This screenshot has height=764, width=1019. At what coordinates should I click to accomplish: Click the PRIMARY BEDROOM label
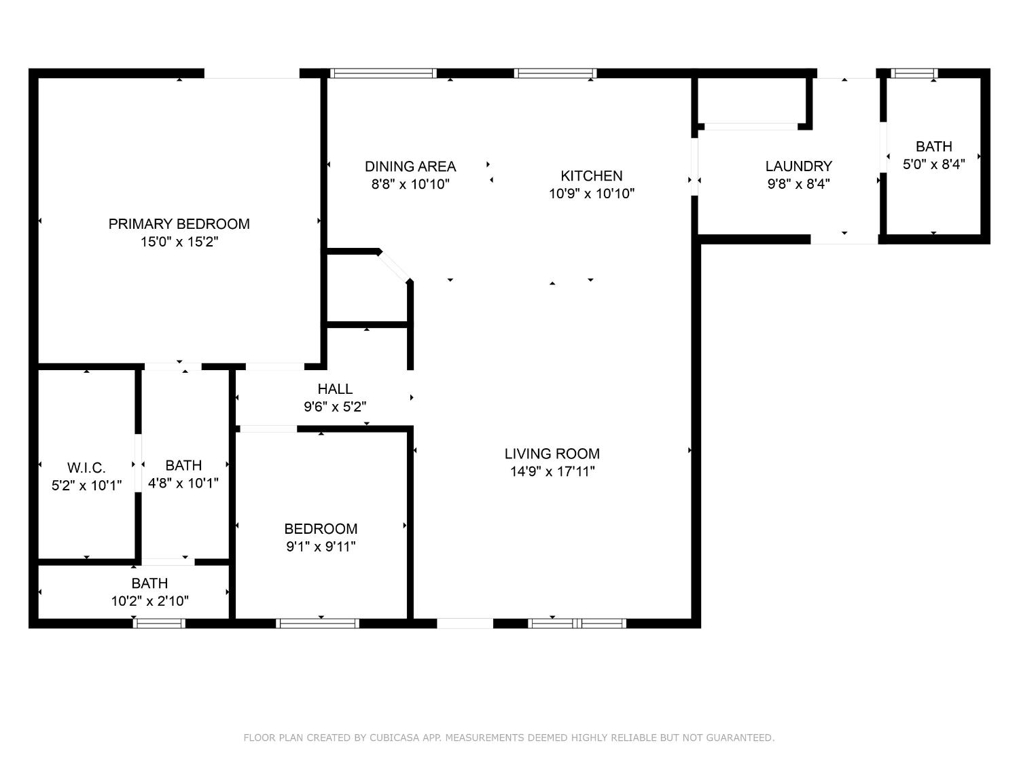(179, 224)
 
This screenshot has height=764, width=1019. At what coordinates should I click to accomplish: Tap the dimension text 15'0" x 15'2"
(179, 242)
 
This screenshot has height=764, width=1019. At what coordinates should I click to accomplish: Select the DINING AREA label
(410, 166)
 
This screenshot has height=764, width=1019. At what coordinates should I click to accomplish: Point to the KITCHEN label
(591, 176)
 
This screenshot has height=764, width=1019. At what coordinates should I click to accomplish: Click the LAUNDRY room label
(798, 166)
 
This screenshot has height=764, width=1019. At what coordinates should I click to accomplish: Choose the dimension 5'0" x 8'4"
(933, 164)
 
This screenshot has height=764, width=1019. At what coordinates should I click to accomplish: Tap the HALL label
(335, 389)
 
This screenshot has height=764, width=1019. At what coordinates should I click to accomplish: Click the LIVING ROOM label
(552, 454)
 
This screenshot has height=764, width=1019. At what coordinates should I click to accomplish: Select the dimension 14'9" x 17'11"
(552, 471)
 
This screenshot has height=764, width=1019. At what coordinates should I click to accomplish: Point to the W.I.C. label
(86, 468)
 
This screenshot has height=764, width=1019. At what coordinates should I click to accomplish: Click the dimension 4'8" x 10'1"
(183, 484)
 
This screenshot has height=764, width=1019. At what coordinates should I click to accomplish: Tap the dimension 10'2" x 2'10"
(149, 601)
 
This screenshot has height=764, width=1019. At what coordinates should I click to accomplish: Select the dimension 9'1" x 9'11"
(321, 547)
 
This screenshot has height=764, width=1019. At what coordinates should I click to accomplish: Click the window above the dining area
(383, 73)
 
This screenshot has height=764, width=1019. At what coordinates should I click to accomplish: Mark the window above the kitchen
(556, 73)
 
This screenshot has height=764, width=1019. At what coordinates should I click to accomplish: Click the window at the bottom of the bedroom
(317, 623)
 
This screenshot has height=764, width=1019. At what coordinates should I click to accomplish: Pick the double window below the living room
(577, 623)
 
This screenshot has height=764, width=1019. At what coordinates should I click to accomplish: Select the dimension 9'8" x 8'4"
(798, 184)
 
